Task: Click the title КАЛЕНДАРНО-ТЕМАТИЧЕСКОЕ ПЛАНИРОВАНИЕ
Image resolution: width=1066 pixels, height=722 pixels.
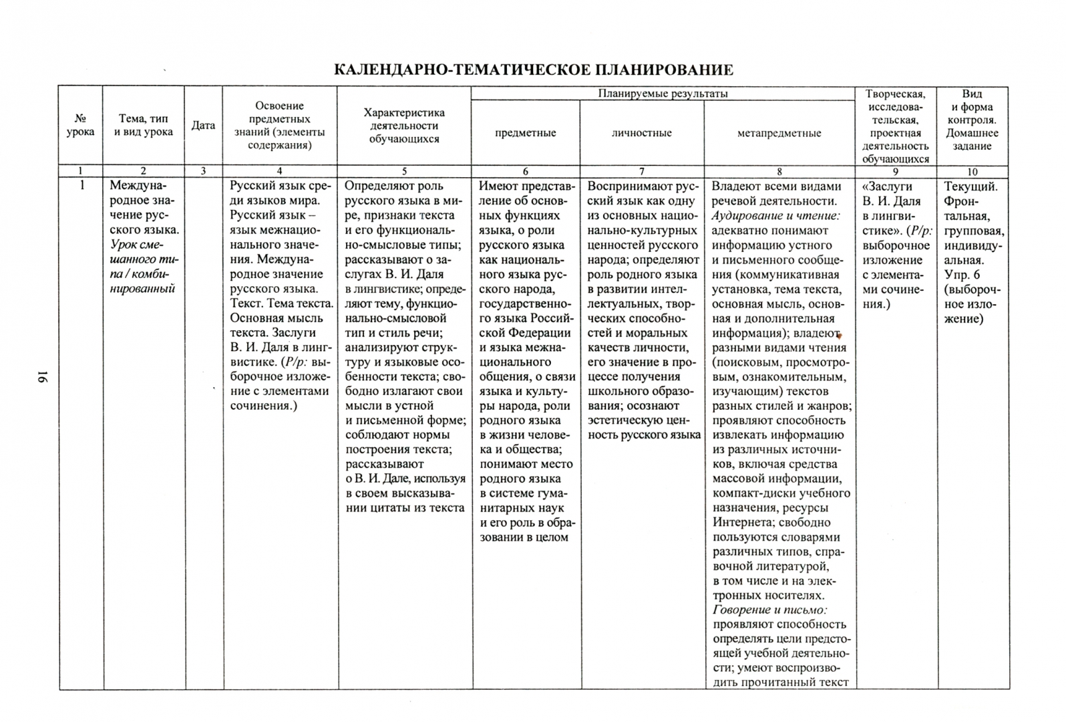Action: click(x=533, y=70)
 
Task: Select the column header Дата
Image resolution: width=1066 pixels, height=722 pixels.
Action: click(x=203, y=126)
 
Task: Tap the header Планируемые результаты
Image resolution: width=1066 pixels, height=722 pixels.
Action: click(x=663, y=94)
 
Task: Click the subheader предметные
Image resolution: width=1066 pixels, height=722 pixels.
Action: click(x=525, y=133)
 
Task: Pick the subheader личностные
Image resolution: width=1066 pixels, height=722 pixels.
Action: click(x=641, y=133)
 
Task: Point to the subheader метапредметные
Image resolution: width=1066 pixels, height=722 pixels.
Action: click(x=779, y=133)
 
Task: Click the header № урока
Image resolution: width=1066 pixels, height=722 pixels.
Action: click(x=80, y=126)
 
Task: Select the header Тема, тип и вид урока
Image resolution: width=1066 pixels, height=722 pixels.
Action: click(x=143, y=126)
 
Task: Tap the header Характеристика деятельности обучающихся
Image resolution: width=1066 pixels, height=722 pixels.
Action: click(x=403, y=126)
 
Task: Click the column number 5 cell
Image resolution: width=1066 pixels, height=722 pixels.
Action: click(x=404, y=172)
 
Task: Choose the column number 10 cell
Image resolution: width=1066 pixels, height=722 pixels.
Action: click(x=972, y=172)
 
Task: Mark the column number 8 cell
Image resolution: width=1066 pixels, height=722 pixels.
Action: click(x=779, y=172)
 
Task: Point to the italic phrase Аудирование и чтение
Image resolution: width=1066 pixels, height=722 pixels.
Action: click(x=775, y=216)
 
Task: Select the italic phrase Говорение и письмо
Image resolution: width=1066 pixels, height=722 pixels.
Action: click(x=769, y=610)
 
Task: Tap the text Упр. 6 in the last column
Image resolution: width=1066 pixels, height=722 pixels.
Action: click(x=962, y=275)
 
